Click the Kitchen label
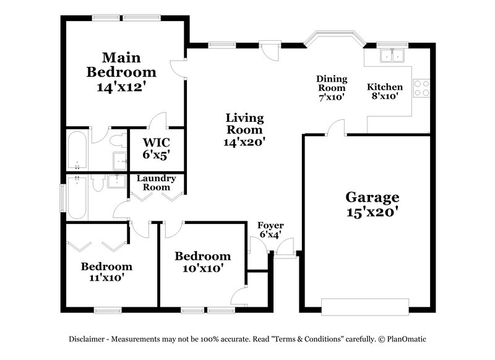point(385,87)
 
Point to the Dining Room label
point(332,83)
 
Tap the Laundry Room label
point(156,182)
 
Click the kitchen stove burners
point(421,88)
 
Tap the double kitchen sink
point(390,56)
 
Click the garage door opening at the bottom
point(364,306)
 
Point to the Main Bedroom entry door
point(178,67)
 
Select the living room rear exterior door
point(269,48)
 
